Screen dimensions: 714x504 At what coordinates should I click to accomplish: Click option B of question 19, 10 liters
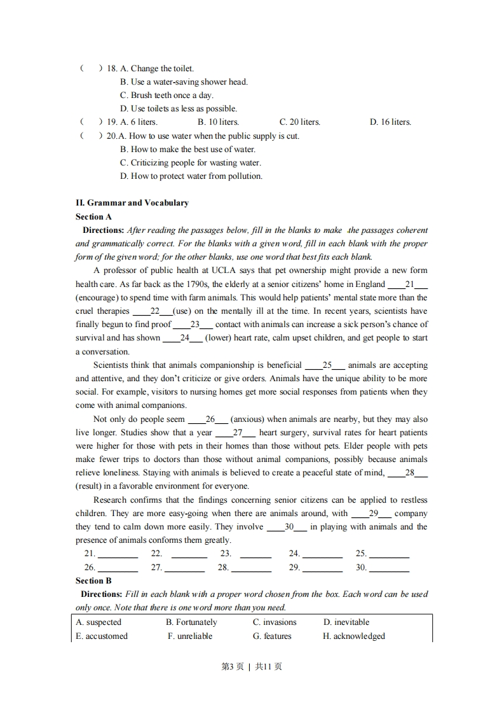click(218, 122)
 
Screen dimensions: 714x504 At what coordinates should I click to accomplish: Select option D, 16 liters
click(390, 122)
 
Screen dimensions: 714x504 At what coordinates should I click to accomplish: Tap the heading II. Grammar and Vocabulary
click(132, 203)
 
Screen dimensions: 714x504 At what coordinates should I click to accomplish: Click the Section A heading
click(93, 216)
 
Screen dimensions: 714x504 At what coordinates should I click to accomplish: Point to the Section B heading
click(93, 580)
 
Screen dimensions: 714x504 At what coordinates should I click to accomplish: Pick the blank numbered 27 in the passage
click(237, 433)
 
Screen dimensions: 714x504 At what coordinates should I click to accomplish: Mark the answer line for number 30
click(389, 568)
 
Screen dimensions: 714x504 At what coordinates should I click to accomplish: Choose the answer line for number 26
click(118, 568)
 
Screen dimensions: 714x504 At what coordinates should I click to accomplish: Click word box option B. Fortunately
click(191, 622)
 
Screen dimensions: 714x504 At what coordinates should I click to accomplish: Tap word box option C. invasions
click(275, 622)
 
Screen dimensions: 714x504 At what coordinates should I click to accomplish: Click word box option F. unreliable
click(190, 636)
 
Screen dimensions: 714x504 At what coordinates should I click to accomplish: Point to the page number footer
click(251, 667)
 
